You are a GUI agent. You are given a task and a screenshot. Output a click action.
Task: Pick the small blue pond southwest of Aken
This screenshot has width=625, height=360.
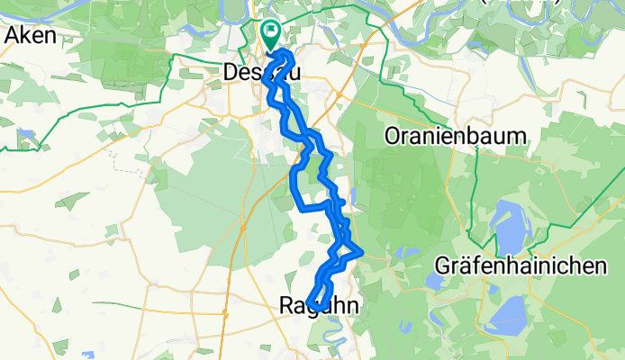coord(26,138)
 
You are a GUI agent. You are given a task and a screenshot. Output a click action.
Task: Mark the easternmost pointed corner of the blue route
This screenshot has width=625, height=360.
coord(362,251)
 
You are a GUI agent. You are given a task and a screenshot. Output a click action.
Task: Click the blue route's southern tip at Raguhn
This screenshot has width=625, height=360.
coord(310,303)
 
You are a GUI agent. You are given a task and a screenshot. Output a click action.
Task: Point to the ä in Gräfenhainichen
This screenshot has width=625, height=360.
coord(468,266)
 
